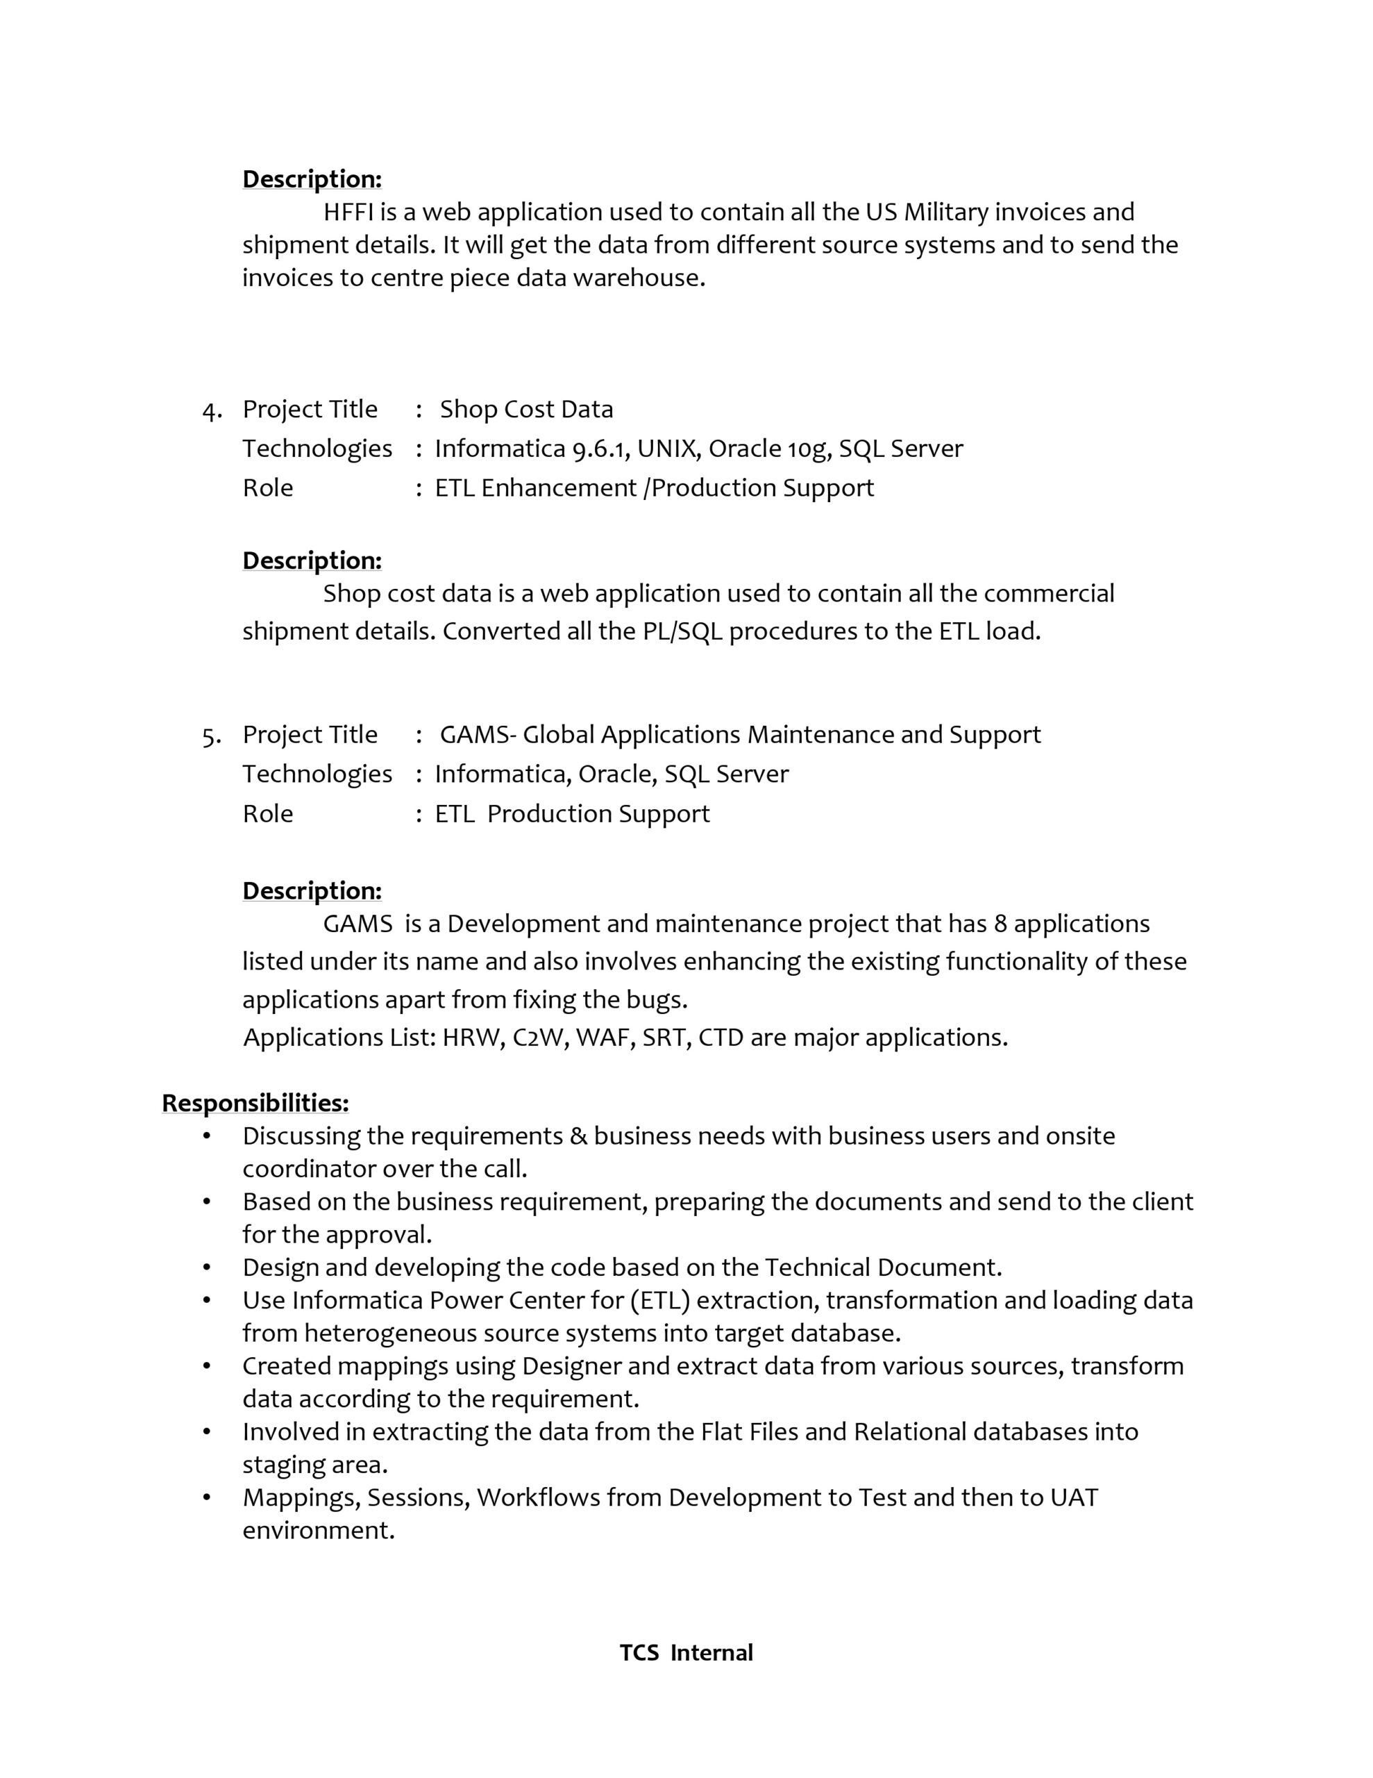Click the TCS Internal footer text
686,1652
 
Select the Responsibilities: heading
255,1102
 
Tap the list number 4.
211,410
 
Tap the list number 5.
211,736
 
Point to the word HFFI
348,212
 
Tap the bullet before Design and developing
207,1268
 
